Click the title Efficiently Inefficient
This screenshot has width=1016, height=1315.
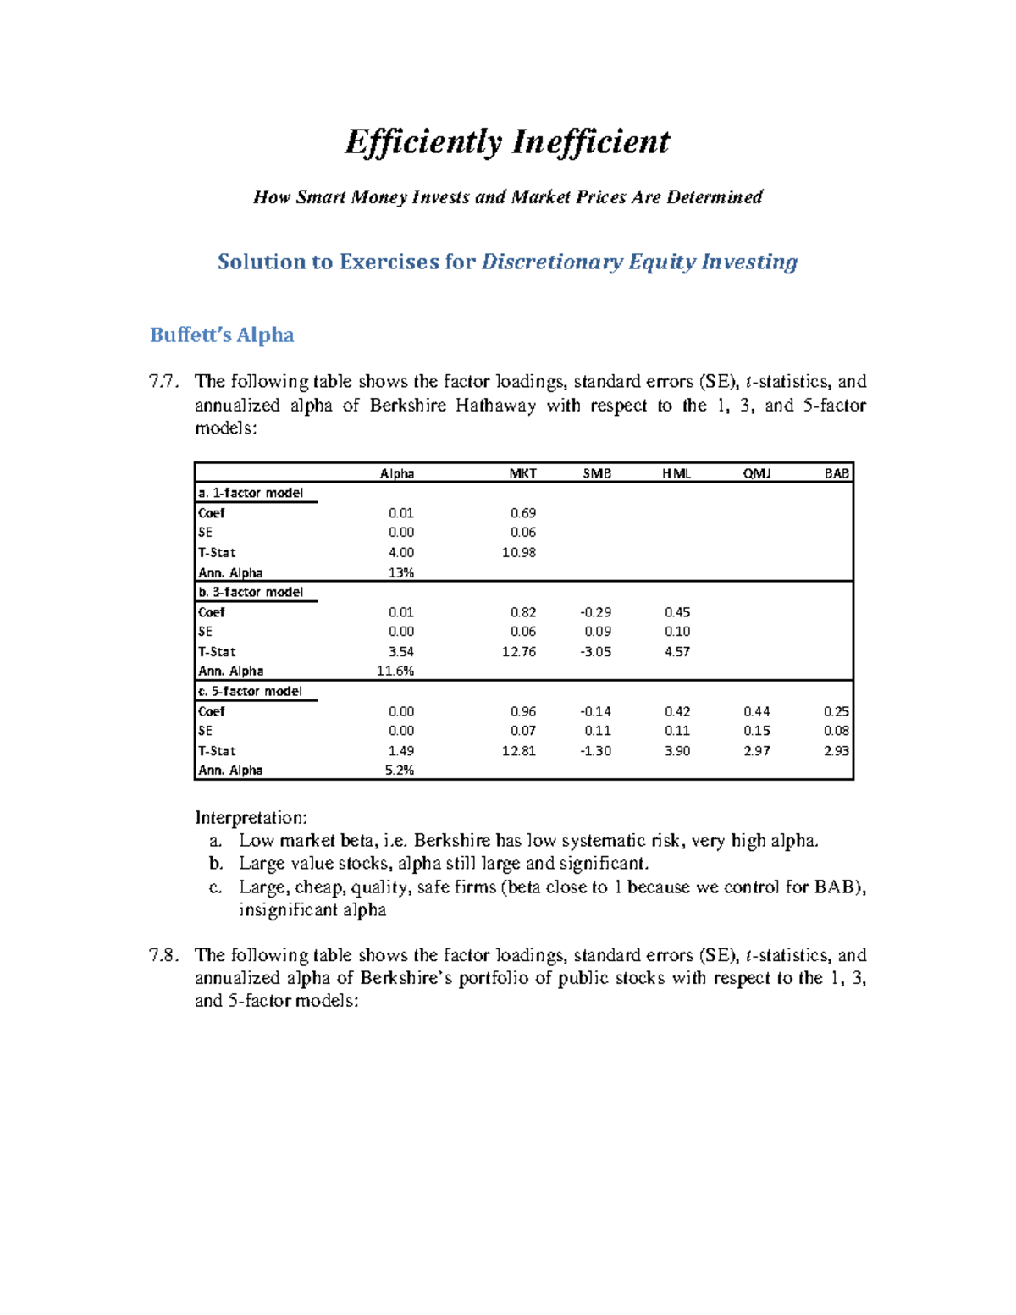pyautogui.click(x=507, y=142)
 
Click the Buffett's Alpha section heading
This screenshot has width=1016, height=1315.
pyautogui.click(x=222, y=335)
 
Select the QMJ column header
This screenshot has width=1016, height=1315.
pyautogui.click(x=757, y=473)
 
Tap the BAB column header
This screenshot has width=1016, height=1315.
pyautogui.click(x=837, y=473)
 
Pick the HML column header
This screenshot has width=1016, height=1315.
pyautogui.click(x=676, y=473)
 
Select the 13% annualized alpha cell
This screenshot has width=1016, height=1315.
pyautogui.click(x=400, y=572)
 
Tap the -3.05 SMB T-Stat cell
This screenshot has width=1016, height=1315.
pyautogui.click(x=595, y=651)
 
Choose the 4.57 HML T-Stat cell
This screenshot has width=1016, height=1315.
pyautogui.click(x=676, y=651)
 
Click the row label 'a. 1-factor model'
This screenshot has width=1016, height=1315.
pyautogui.click(x=251, y=493)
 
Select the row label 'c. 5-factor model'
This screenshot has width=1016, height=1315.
pyautogui.click(x=250, y=691)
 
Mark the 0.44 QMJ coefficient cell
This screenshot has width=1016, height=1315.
pyautogui.click(x=757, y=711)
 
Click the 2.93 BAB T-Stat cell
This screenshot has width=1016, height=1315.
pyautogui.click(x=837, y=750)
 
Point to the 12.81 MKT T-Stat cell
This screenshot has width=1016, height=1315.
pyautogui.click(x=518, y=750)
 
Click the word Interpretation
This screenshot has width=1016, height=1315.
pyautogui.click(x=251, y=818)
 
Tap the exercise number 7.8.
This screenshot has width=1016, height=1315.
pyautogui.click(x=163, y=955)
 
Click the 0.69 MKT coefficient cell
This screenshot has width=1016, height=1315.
pyautogui.click(x=522, y=512)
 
